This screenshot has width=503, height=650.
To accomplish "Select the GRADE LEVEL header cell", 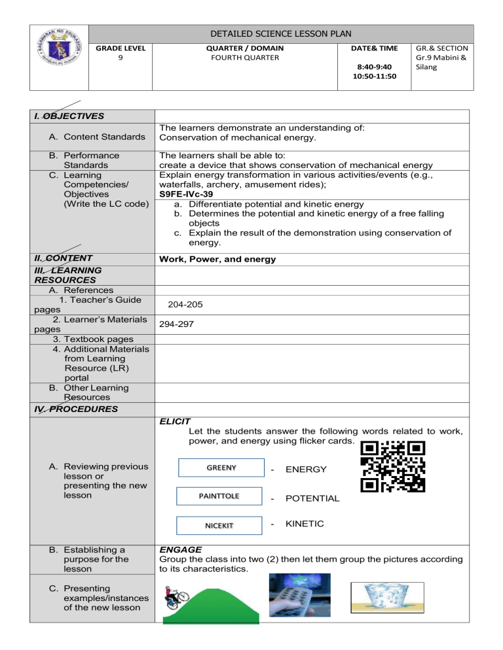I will (111, 48).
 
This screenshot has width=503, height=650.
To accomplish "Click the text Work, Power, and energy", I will (217, 260).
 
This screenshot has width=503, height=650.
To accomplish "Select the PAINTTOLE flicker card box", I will (221, 497).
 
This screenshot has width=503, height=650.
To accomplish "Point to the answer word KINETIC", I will (306, 524).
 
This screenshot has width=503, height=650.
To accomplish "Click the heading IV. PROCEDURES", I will (64, 409).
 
